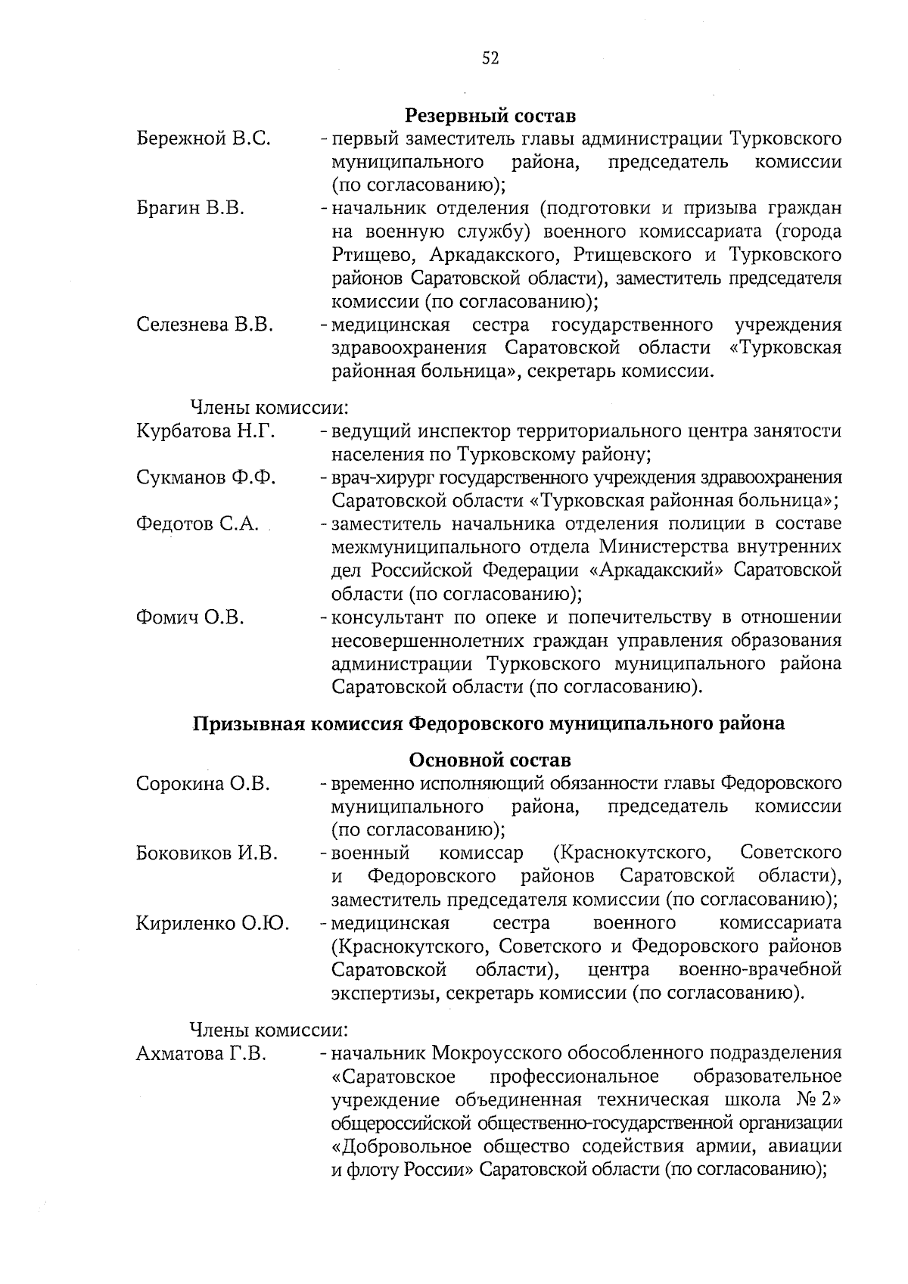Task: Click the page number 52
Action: (x=490, y=59)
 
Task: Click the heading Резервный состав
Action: (x=490, y=116)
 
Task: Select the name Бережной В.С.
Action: (x=204, y=139)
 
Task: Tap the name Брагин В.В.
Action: (x=190, y=208)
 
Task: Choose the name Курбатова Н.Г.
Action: (x=205, y=431)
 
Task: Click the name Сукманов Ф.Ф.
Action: (x=206, y=477)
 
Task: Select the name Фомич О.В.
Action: (x=190, y=617)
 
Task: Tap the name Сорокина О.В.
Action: (x=203, y=783)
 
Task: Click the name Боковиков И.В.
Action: (x=207, y=853)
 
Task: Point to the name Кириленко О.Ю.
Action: (x=213, y=923)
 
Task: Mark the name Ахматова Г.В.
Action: (x=201, y=1053)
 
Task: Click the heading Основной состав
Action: (x=490, y=760)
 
